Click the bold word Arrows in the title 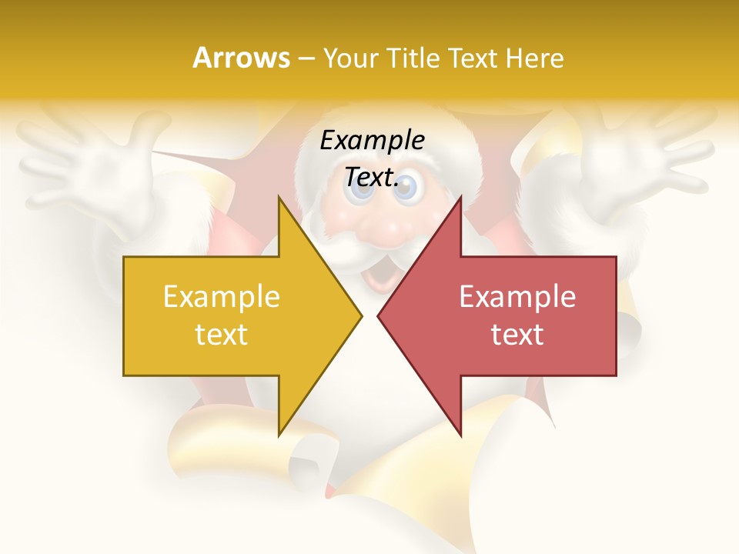(241, 58)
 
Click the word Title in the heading (412, 58)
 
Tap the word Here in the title (535, 58)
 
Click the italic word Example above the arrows (372, 141)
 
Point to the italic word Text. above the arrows (372, 178)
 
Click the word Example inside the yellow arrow (221, 296)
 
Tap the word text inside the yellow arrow (221, 335)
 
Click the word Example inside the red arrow (517, 296)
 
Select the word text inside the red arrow (517, 335)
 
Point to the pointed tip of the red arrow (379, 315)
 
